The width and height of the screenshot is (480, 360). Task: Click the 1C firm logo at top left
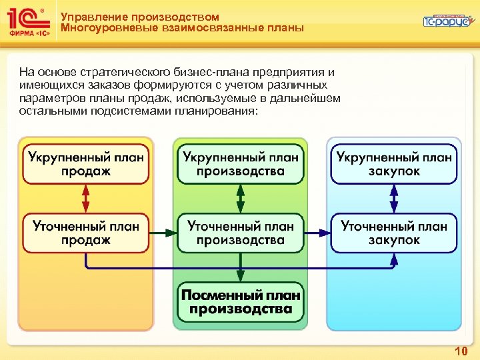pyautogui.click(x=27, y=21)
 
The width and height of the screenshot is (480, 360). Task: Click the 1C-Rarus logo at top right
pyautogui.click(x=446, y=21)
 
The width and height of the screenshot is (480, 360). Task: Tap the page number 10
pyautogui.click(x=460, y=351)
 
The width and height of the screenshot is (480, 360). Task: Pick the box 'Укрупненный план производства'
pyautogui.click(x=240, y=164)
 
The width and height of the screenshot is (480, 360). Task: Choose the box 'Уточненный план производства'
pyautogui.click(x=240, y=233)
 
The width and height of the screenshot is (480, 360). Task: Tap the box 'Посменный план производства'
pyautogui.click(x=240, y=302)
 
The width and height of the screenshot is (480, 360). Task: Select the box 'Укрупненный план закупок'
pyautogui.click(x=394, y=164)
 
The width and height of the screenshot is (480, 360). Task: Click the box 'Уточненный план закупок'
pyautogui.click(x=394, y=233)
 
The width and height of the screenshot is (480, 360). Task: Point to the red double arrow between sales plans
pyautogui.click(x=85, y=199)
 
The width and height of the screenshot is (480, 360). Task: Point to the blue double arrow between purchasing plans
pyautogui.click(x=394, y=199)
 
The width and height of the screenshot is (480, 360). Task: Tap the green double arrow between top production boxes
pyautogui.click(x=240, y=199)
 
